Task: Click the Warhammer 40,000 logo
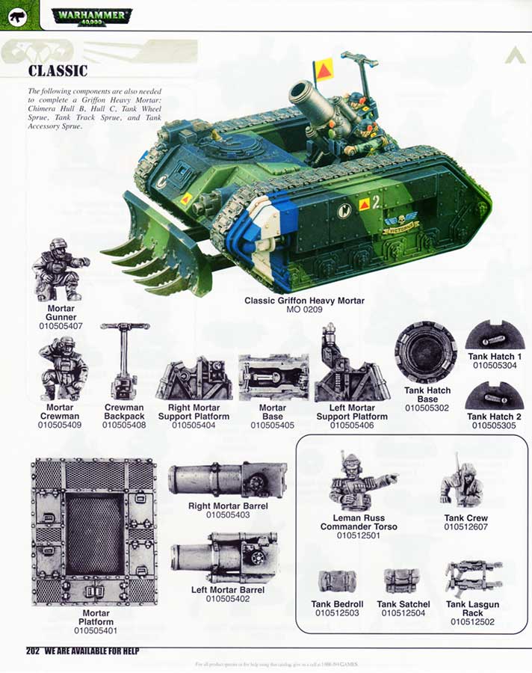tap(92, 16)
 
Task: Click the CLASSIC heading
tap(58, 72)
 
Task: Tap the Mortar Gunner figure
tap(60, 269)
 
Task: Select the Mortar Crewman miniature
tap(63, 369)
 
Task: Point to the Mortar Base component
tap(273, 378)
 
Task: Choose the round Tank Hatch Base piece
tap(425, 352)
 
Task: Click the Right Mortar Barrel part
tap(228, 481)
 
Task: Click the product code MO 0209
tap(304, 309)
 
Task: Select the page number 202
tap(32, 651)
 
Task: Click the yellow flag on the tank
tap(324, 70)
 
